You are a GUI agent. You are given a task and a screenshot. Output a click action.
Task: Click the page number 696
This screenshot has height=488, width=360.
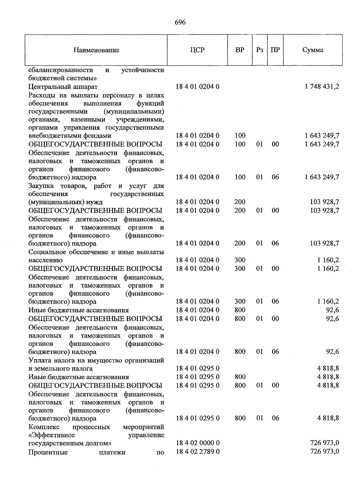[180, 22]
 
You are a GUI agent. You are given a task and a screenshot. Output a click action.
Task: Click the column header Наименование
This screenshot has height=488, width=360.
[96, 50]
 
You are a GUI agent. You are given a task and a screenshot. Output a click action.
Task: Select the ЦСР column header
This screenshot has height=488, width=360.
[197, 50]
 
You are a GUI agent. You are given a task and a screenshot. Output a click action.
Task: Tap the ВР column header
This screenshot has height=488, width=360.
[240, 50]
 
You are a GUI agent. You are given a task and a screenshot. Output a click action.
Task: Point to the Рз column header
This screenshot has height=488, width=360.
[259, 50]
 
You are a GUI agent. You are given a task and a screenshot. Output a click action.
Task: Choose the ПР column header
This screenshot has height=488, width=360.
[275, 50]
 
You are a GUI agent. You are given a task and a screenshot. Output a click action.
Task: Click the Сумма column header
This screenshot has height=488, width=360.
[313, 50]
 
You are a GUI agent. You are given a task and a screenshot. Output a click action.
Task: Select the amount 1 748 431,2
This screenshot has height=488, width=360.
[322, 87]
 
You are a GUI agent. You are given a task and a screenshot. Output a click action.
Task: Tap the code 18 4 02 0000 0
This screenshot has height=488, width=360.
[197, 443]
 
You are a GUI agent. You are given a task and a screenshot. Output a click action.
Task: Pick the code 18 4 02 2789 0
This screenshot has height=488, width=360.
[197, 451]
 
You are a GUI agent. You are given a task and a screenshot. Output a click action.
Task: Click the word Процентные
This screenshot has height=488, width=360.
[48, 452]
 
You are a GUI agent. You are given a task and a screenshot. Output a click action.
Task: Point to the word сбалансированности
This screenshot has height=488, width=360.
[61, 70]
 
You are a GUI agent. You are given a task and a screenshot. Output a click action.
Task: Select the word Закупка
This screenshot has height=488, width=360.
[40, 186]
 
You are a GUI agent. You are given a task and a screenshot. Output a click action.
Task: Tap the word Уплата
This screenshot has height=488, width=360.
[40, 360]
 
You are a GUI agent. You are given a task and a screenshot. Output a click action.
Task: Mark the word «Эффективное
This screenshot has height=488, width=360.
[52, 435]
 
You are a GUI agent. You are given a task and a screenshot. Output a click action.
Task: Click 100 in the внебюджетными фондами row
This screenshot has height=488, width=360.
[240, 136]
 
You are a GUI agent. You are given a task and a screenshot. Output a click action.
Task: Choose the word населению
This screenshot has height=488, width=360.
[45, 260]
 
